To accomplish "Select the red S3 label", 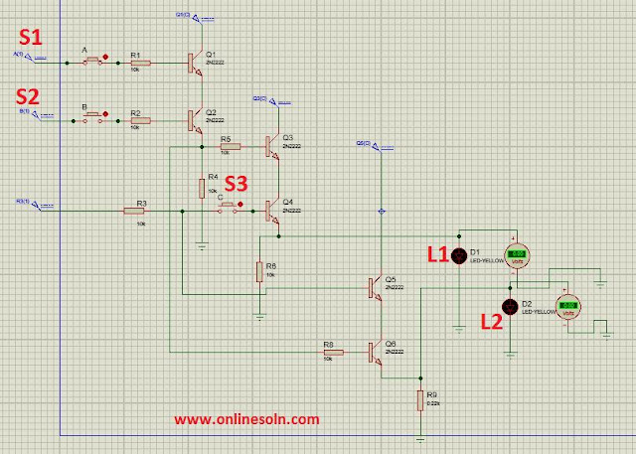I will (236, 183).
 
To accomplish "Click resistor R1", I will (140, 63).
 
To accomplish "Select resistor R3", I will (136, 211).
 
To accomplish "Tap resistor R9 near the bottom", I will (421, 401).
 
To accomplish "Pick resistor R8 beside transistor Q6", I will (332, 352).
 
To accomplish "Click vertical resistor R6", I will (258, 271).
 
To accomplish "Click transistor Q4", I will (271, 210).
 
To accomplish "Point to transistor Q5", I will (375, 288).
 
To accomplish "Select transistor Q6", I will (375, 352).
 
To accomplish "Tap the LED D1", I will (459, 255).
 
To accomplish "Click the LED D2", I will (511, 306).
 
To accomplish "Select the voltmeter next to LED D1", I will (517, 257).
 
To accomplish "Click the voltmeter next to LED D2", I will (568, 306).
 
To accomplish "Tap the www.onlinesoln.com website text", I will (247, 419).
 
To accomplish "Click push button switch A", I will (91, 62).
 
